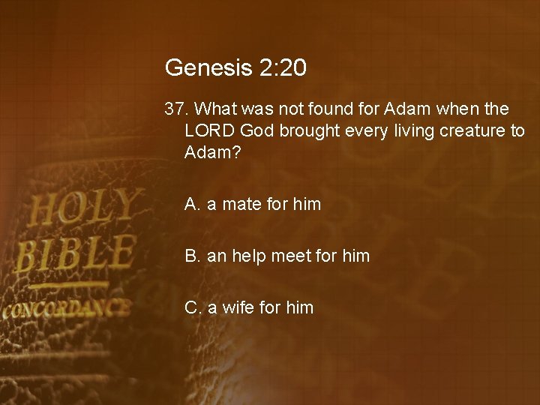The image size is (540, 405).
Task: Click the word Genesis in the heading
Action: tap(198, 68)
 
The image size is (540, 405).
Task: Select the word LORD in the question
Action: tap(209, 130)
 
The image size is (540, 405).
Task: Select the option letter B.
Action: tap(192, 256)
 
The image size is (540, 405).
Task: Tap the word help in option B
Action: tap(249, 256)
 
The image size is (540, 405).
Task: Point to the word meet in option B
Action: tap(291, 256)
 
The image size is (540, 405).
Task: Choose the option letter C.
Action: tap(193, 307)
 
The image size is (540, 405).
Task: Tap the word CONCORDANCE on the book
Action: tap(66, 309)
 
